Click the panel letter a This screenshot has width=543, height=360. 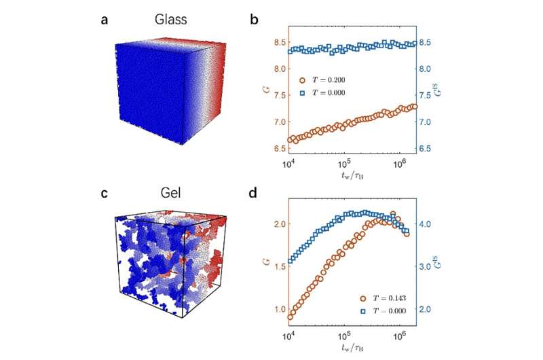point(104,20)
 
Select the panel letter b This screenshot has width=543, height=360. point(254,20)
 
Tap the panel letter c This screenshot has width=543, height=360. point(104,192)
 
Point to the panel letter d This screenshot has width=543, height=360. point(254,192)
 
